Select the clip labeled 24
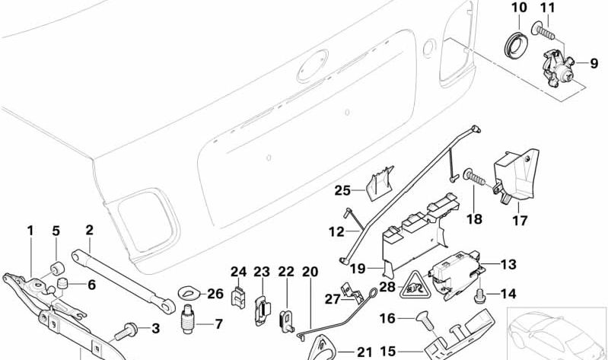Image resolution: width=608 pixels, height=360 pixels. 238,299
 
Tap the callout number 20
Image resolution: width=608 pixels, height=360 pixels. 309,271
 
